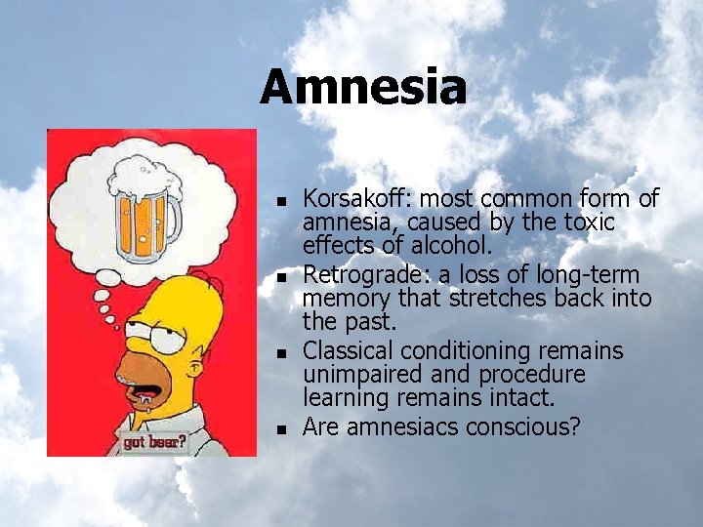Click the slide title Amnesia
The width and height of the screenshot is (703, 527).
[363, 86]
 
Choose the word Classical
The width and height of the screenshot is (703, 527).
[343, 350]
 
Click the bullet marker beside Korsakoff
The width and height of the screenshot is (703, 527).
[280, 202]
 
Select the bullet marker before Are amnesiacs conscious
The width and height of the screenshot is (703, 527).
[280, 428]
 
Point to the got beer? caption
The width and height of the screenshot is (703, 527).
[154, 440]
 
